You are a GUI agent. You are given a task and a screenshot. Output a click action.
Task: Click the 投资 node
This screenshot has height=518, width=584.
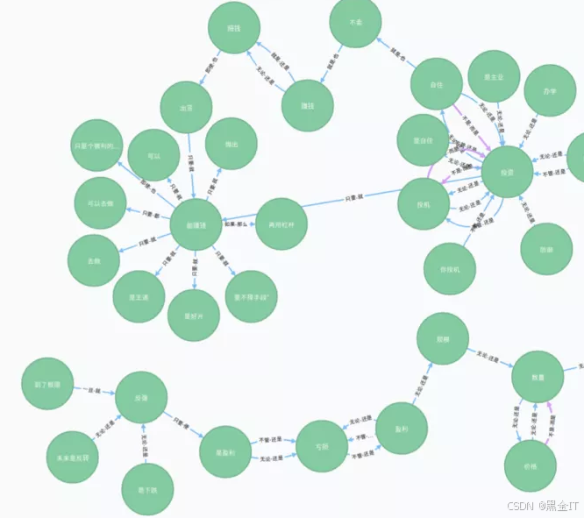pos(507,173)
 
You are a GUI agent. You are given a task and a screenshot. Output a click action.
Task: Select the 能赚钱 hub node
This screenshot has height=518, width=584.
pos(196,225)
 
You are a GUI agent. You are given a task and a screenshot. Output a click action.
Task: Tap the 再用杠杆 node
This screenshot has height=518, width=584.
pos(281,224)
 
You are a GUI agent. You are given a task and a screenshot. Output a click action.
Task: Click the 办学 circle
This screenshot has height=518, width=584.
pos(550,90)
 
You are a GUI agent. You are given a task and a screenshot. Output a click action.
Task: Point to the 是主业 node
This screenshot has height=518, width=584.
pos(495,77)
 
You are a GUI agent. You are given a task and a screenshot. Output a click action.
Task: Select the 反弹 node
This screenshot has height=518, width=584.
pos(141,397)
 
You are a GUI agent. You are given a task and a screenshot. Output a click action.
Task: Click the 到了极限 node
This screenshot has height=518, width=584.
pos(46,384)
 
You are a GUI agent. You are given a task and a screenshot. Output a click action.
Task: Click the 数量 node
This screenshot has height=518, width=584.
pos(538,378)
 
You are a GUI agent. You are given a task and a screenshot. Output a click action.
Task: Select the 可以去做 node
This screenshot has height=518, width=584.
pos(100,203)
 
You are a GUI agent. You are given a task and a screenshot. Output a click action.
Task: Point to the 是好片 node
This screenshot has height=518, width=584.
pos(193,315)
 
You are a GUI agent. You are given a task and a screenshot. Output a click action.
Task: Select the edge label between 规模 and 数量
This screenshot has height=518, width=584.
pos(488,357)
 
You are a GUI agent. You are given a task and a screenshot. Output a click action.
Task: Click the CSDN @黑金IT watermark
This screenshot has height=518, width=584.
pos(543,506)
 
